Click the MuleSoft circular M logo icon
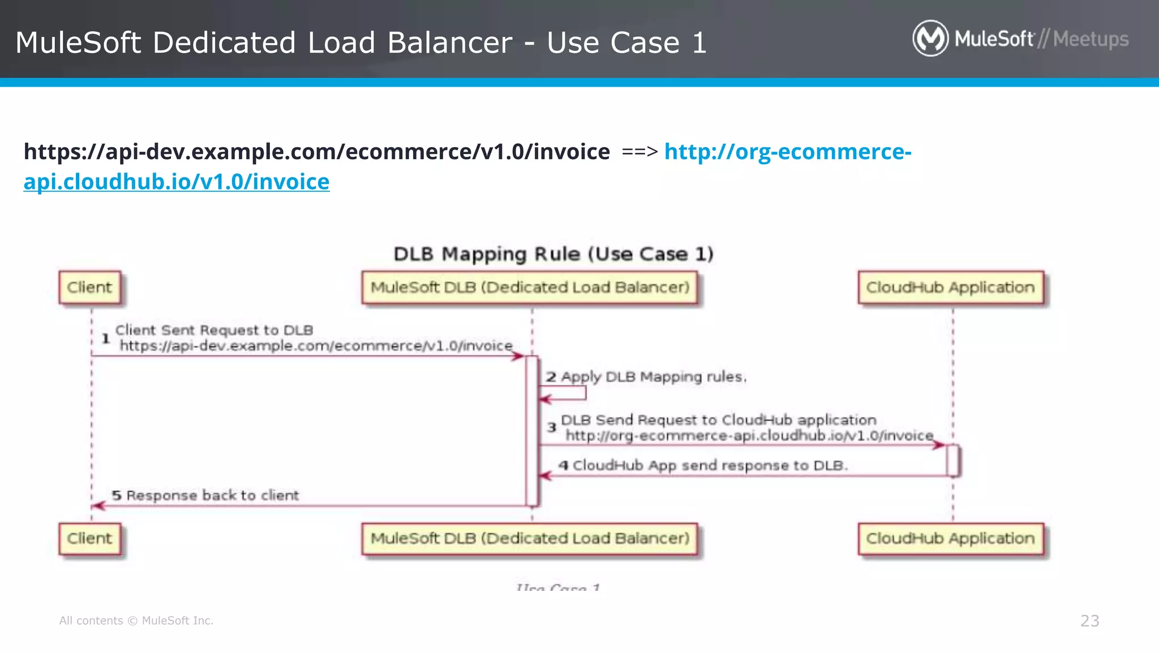[930, 38]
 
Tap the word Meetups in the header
[1091, 39]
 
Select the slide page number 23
[1089, 621]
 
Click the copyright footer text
[136, 621]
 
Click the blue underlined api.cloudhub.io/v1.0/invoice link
[177, 182]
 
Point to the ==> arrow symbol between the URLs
[639, 152]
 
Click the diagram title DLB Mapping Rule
[553, 254]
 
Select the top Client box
[89, 288]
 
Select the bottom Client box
[89, 538]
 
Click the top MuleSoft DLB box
[530, 288]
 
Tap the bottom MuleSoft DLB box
[530, 538]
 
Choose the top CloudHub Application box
[950, 288]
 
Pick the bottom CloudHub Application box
[950, 538]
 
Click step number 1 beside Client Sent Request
[105, 338]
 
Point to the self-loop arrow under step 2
[566, 394]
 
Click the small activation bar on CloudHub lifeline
[952, 461]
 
